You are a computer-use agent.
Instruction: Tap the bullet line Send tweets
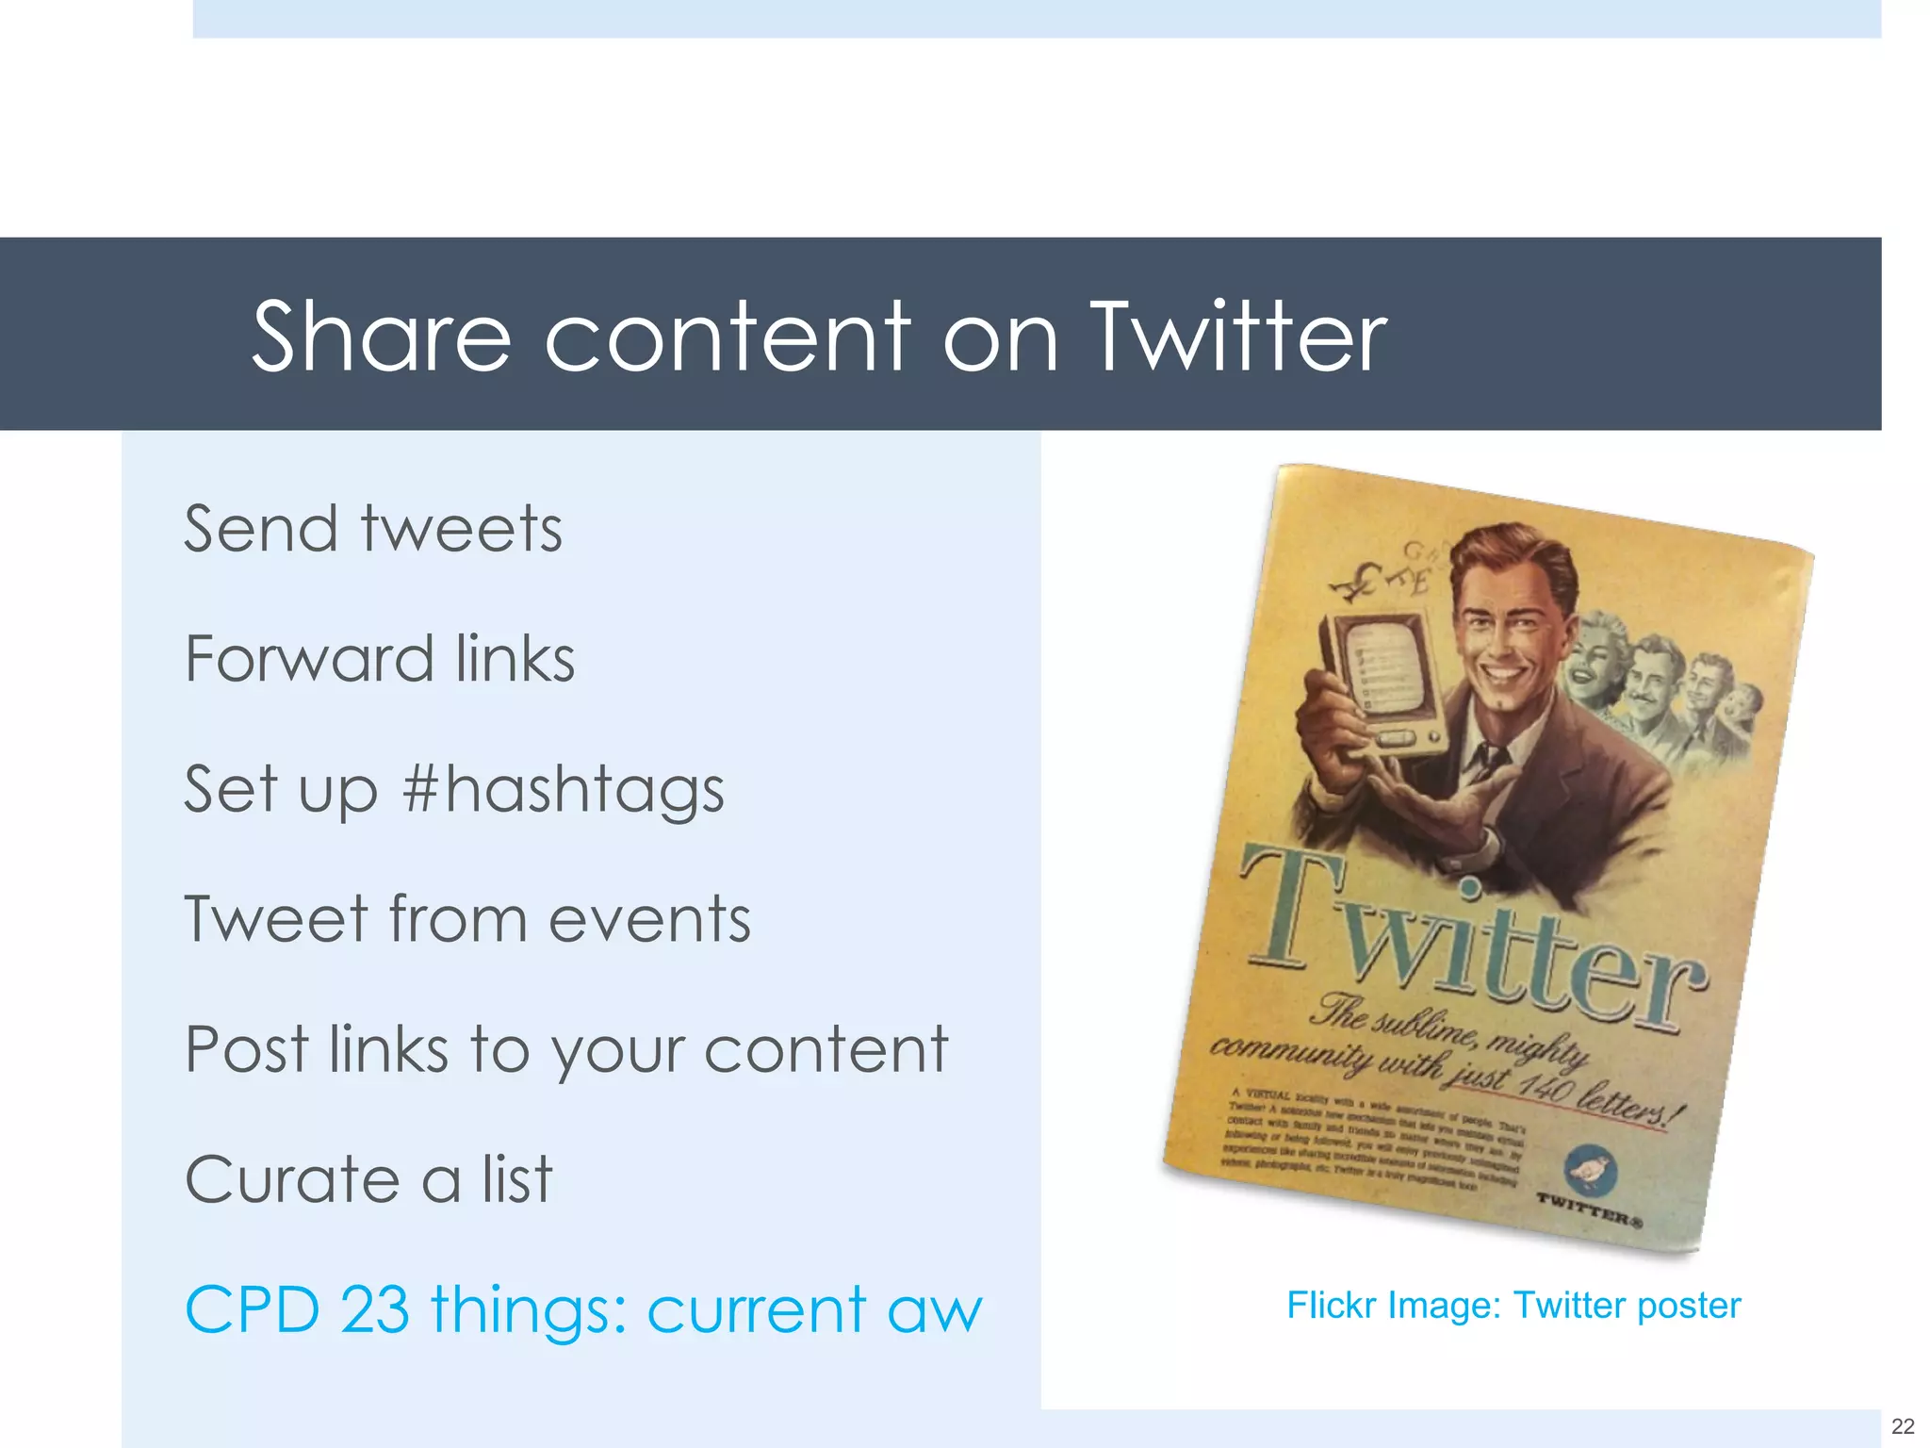[373, 529]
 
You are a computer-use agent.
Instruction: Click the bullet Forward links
[380, 659]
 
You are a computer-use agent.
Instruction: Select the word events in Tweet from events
[649, 919]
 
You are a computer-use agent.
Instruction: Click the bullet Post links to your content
[566, 1050]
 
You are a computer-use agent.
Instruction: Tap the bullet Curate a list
[368, 1179]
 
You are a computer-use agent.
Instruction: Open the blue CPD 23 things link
[583, 1309]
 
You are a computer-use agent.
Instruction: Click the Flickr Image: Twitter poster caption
[1513, 1306]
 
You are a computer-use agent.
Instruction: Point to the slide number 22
[1903, 1426]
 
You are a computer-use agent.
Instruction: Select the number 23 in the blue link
[374, 1309]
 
